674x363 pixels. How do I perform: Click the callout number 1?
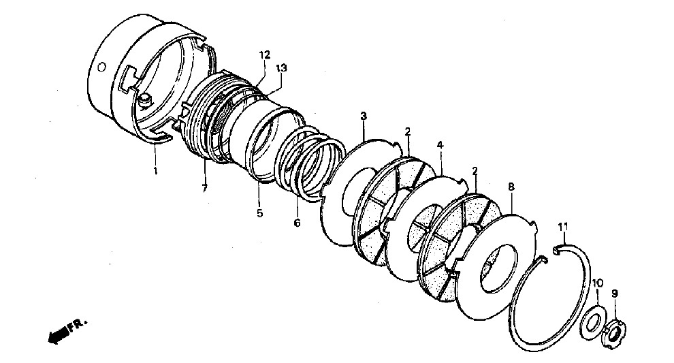155,171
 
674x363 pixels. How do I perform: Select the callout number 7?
204,187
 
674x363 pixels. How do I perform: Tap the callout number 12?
265,54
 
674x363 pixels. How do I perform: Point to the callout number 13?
282,68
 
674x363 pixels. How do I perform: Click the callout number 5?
259,213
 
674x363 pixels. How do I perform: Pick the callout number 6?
297,223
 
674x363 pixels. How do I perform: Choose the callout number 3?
364,116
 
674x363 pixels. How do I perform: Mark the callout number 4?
440,145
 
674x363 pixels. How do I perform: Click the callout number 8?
511,187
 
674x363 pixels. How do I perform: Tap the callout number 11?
563,226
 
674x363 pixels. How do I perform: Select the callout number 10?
598,283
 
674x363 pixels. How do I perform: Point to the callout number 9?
615,294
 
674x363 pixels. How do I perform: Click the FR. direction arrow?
58,332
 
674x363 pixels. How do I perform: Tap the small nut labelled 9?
614,330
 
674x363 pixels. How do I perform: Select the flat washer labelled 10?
594,322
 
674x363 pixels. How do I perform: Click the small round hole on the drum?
102,67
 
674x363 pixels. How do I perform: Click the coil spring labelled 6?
310,164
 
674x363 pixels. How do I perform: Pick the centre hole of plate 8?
498,268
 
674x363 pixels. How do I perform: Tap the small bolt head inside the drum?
145,100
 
